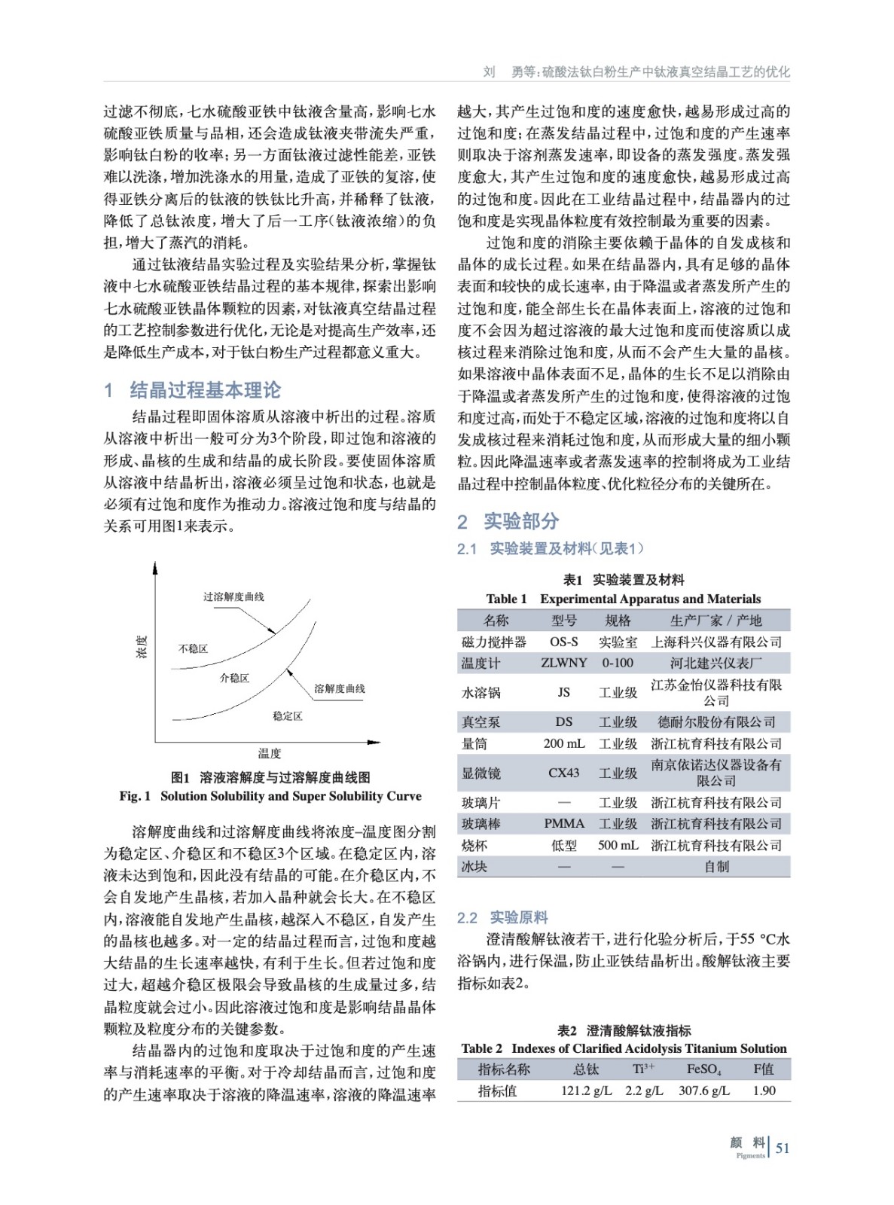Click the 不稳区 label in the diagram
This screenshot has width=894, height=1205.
coord(193,648)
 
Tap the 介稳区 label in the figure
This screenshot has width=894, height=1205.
coord(234,678)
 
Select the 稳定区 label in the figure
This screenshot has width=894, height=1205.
coord(288,715)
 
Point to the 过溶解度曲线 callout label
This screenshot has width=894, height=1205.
coord(233,596)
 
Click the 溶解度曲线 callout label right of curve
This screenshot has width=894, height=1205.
coord(339,688)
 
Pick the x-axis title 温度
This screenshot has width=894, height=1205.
coord(269,753)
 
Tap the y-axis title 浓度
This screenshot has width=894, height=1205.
coord(142,647)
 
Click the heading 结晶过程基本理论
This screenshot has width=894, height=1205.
coord(205,389)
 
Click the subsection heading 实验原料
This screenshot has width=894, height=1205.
coord(519,917)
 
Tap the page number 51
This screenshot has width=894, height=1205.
coord(783,1149)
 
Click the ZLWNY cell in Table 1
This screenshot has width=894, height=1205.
coord(563,663)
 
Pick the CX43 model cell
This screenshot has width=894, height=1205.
coord(563,773)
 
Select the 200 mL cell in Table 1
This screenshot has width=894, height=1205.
coord(563,743)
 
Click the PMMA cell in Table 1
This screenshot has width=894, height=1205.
coord(563,824)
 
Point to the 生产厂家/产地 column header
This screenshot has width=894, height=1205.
coord(716,621)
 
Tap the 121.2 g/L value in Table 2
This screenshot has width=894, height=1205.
coord(586,1091)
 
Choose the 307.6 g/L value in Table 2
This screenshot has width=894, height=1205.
coord(703,1091)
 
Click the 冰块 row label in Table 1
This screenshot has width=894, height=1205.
coord(474,867)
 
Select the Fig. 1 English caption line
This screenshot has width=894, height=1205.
coord(270,796)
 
